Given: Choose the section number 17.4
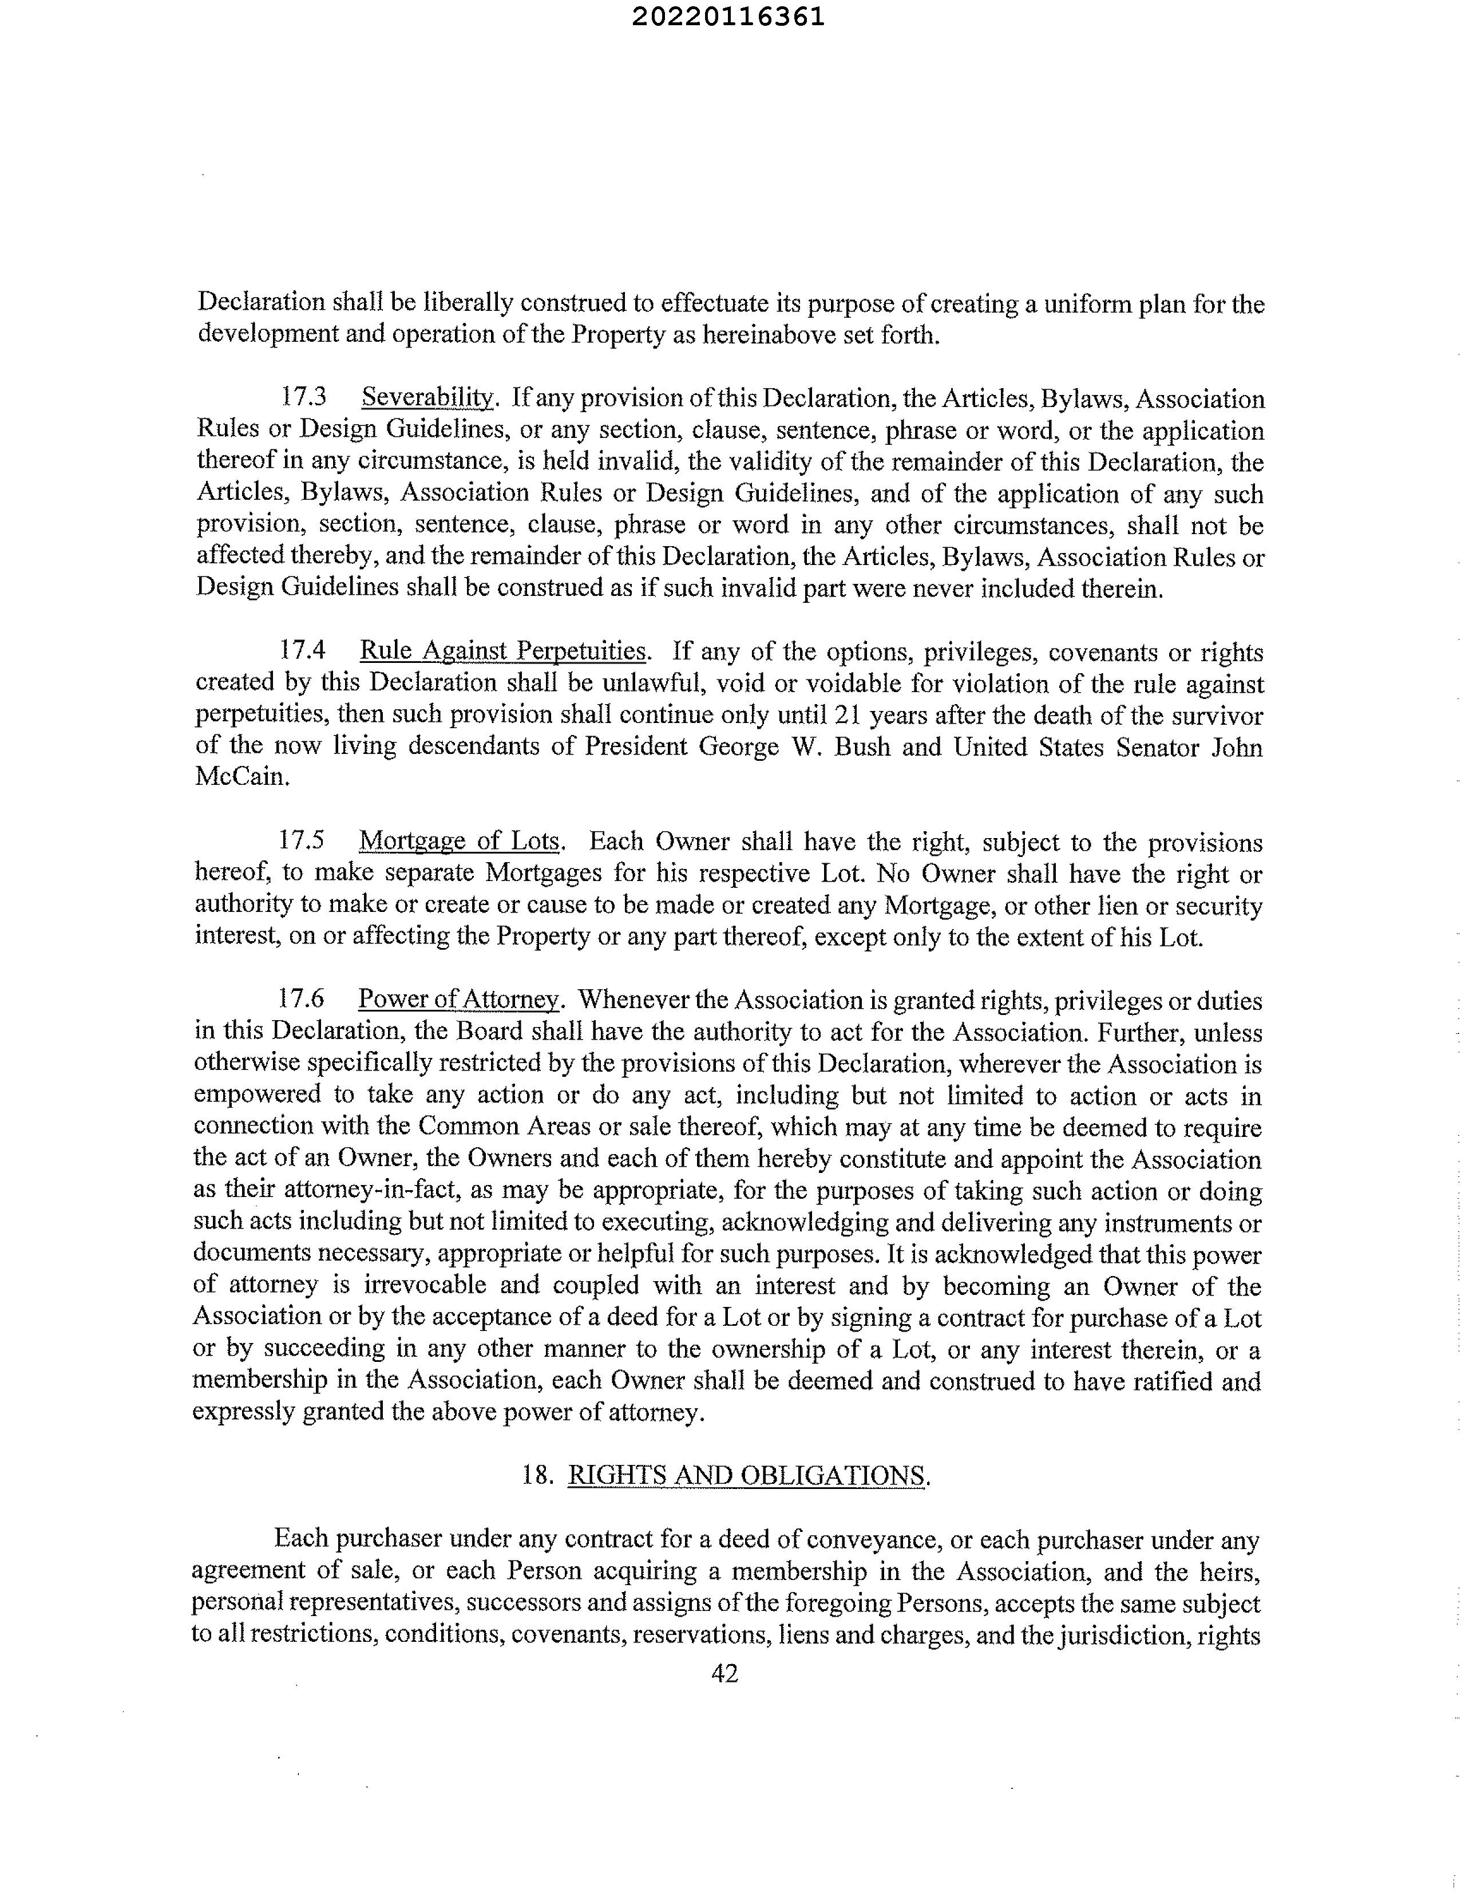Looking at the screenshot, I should coord(303,650).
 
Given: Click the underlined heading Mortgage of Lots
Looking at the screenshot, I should coord(460,840).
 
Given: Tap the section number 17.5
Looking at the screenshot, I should coord(302,840).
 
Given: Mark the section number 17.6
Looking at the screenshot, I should coord(301,999).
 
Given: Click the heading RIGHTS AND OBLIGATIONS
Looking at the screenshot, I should coord(746,1475).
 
